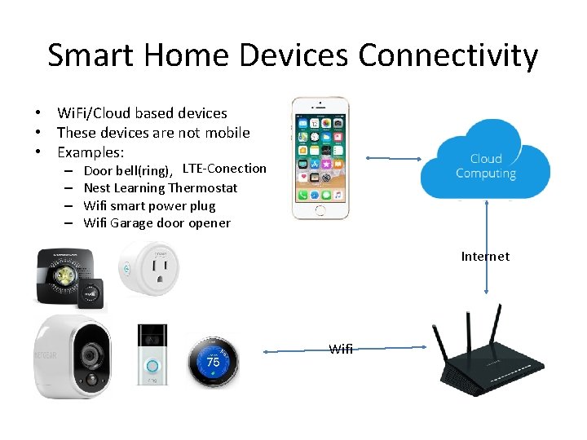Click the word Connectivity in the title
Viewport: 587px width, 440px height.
448,56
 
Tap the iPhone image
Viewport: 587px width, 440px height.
320,158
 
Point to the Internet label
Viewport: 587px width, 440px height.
485,256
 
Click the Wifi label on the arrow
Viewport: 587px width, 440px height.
341,349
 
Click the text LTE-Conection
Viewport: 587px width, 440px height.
224,169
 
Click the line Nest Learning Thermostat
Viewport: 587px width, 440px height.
161,188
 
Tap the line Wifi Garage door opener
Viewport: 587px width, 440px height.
157,223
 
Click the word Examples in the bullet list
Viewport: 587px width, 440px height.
90,152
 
